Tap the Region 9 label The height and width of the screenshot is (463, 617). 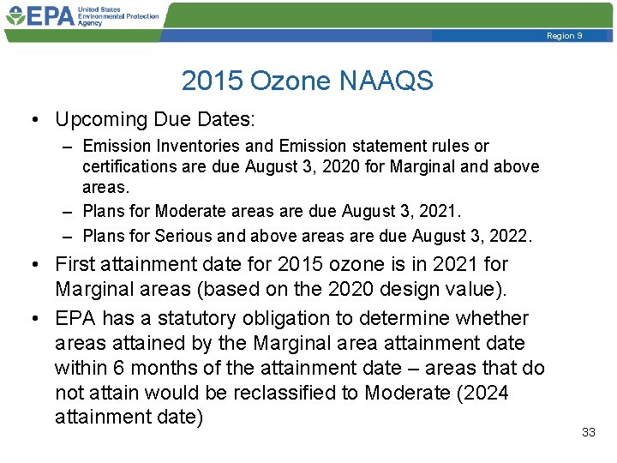click(x=564, y=36)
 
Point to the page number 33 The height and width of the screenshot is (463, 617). click(x=588, y=433)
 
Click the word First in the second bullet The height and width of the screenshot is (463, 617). click(x=75, y=264)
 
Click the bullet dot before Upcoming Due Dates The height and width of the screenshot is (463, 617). click(x=39, y=120)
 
